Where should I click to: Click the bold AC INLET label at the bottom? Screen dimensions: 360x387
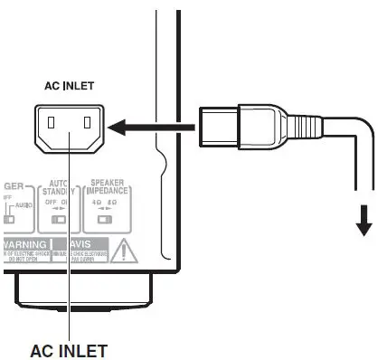[x=69, y=348]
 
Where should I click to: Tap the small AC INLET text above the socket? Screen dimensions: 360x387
[x=69, y=88]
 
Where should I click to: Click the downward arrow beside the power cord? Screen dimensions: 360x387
[x=363, y=218]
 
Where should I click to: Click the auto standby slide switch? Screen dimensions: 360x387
[x=59, y=218]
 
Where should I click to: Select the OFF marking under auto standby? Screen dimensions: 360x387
[x=51, y=203]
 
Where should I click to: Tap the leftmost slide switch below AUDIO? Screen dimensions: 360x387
[x=12, y=219]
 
